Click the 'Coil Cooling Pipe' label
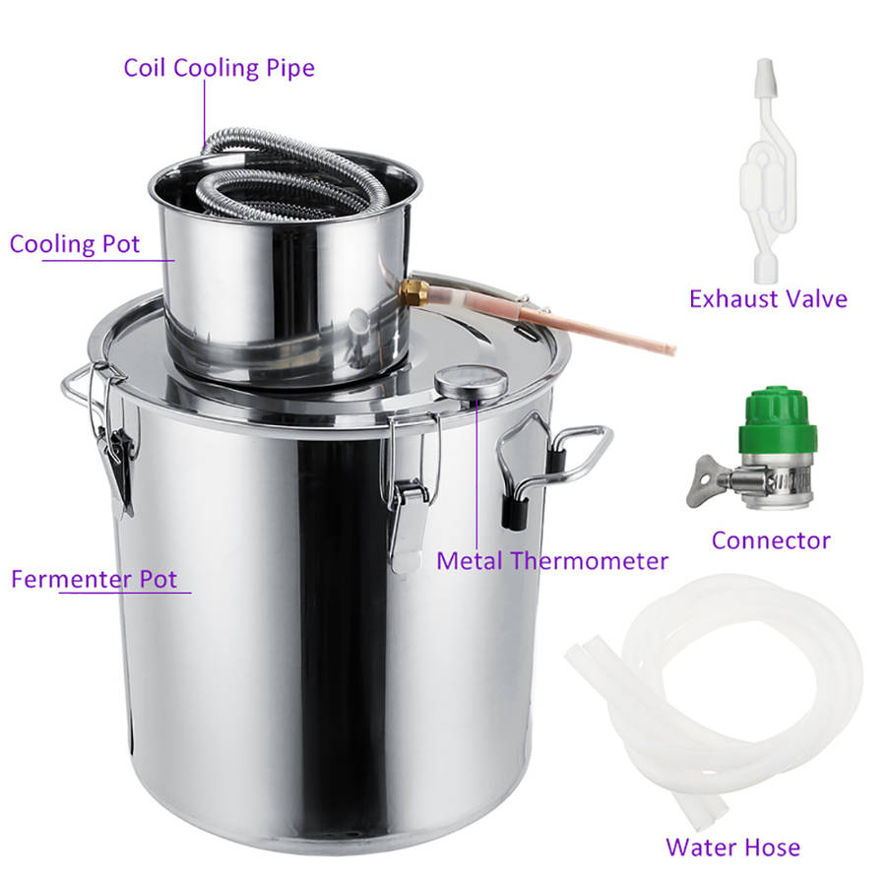pos(219,68)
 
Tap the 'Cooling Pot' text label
pos(75,244)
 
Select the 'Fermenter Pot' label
pos(94,579)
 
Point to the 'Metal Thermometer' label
pos(552,561)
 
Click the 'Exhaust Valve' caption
pos(768,298)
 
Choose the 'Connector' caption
pos(771,539)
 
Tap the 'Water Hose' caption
pos(732,847)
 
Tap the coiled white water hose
pos(728,689)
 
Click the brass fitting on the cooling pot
pos(413,290)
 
